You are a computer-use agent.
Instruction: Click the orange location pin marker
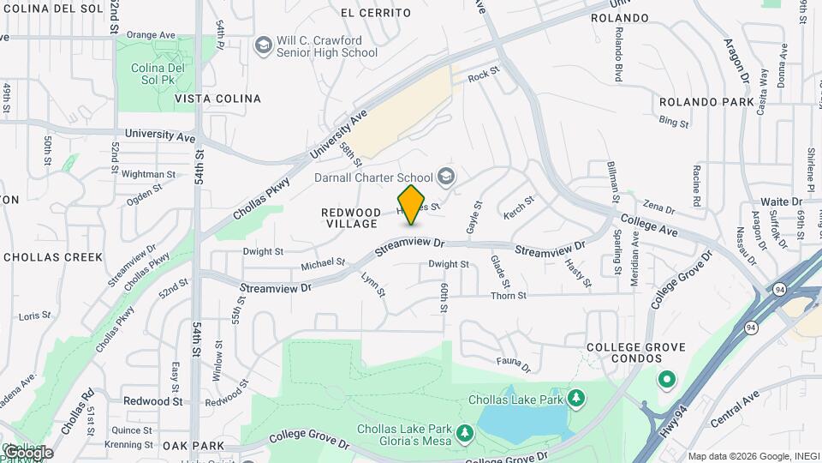coord(412,204)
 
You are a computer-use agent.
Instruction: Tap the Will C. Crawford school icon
coord(264,44)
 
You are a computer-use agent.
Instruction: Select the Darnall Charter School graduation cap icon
coord(444,177)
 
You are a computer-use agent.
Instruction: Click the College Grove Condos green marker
coord(666,378)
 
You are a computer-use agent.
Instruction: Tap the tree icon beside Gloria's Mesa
coord(465,434)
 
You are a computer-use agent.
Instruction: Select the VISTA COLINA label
coord(217,99)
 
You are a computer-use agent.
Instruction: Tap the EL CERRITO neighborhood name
coord(375,13)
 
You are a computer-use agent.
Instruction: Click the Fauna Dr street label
coord(515,364)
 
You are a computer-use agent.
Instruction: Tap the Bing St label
coord(674,122)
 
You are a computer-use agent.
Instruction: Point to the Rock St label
coord(483,75)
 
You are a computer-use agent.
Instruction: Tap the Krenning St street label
coord(131,445)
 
